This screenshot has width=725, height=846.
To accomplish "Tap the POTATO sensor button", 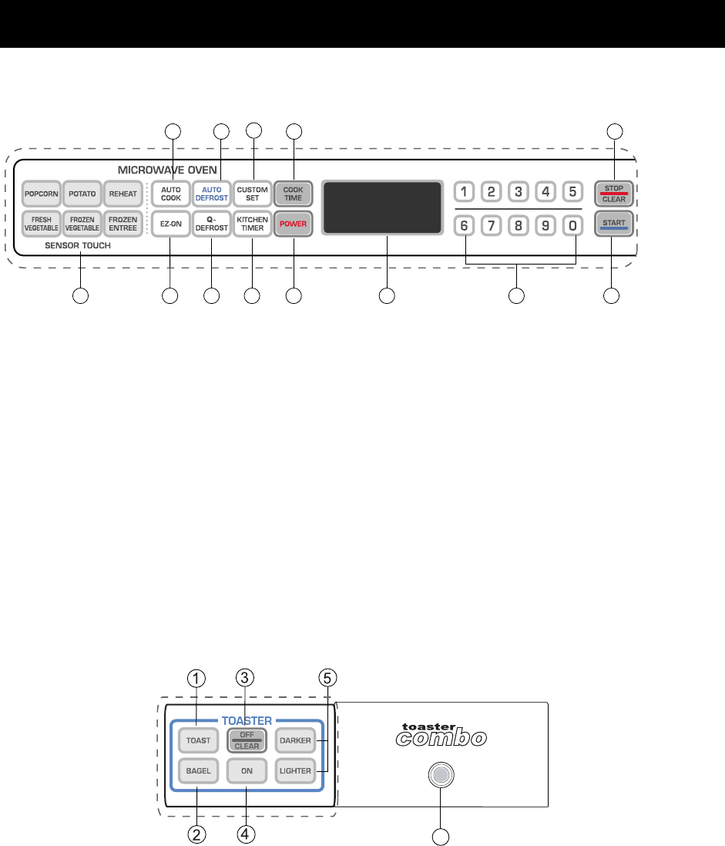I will point(81,193).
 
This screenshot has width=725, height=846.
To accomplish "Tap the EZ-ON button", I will point(170,224).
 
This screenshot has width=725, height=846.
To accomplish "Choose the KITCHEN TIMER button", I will point(252,224).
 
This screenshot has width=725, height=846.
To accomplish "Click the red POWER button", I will point(293,224).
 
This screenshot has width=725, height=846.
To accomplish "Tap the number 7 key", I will point(492,227).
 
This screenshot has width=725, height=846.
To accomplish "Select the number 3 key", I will point(519,191).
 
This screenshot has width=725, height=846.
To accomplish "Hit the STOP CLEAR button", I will point(613,193).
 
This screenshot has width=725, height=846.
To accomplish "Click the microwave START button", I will point(613,224).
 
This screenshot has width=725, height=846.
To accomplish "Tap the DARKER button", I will point(296,740).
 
